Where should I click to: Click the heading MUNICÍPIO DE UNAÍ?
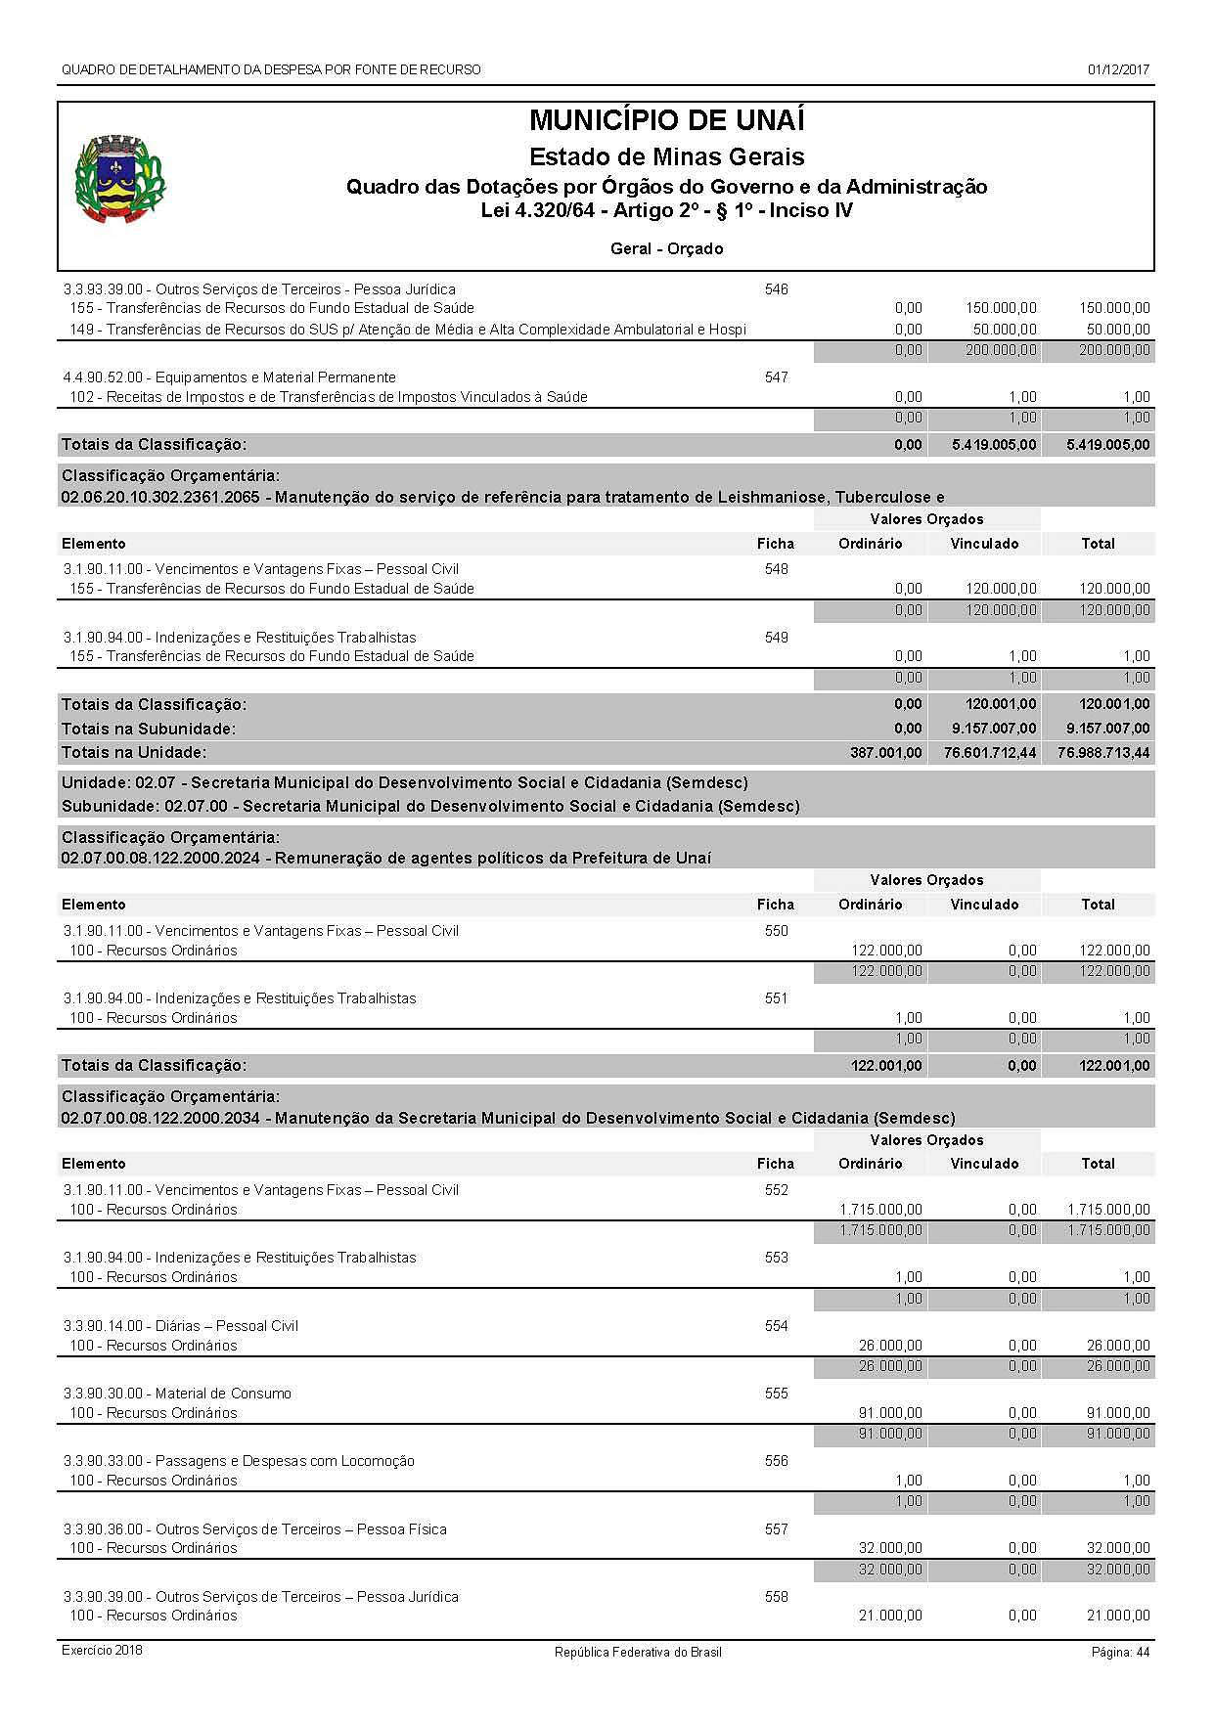click(x=666, y=121)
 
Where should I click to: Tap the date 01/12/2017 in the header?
click(x=1118, y=69)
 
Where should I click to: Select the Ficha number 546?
click(x=776, y=289)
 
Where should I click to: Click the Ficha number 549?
click(x=776, y=638)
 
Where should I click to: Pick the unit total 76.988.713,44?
click(x=1103, y=753)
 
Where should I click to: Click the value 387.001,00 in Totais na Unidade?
click(x=886, y=753)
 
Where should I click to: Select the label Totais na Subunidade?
click(x=149, y=729)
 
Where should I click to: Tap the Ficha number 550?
click(x=776, y=931)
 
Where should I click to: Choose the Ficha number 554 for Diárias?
click(x=776, y=1326)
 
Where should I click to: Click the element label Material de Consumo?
click(x=223, y=1394)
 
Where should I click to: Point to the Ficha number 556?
click(x=776, y=1461)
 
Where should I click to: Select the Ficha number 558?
click(x=776, y=1597)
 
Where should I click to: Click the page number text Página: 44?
click(x=1120, y=1652)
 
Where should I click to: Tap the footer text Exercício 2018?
click(x=102, y=1651)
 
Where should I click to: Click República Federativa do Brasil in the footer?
click(x=638, y=1652)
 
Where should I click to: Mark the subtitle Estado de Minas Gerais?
click(x=666, y=156)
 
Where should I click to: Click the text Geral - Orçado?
click(x=666, y=248)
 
